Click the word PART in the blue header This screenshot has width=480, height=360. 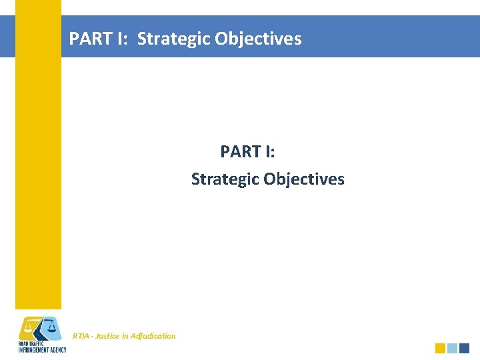coord(90,39)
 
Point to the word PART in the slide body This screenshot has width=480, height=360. coord(241,152)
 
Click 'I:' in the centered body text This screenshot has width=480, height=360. coord(270,152)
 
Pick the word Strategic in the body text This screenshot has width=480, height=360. coord(225,179)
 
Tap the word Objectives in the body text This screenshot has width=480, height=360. coord(304,179)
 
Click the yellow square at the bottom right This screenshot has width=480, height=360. coord(440,348)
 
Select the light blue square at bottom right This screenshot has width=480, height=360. coord(452,348)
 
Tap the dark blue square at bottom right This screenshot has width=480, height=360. coord(465,348)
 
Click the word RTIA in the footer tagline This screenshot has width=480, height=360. coord(81,336)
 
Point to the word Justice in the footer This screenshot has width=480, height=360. coord(107,336)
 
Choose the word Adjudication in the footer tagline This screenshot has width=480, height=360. coord(154,336)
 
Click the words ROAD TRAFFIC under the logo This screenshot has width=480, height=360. coord(31,344)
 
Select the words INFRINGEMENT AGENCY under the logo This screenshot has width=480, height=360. coord(42,350)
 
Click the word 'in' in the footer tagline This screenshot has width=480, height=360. coord(126,336)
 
